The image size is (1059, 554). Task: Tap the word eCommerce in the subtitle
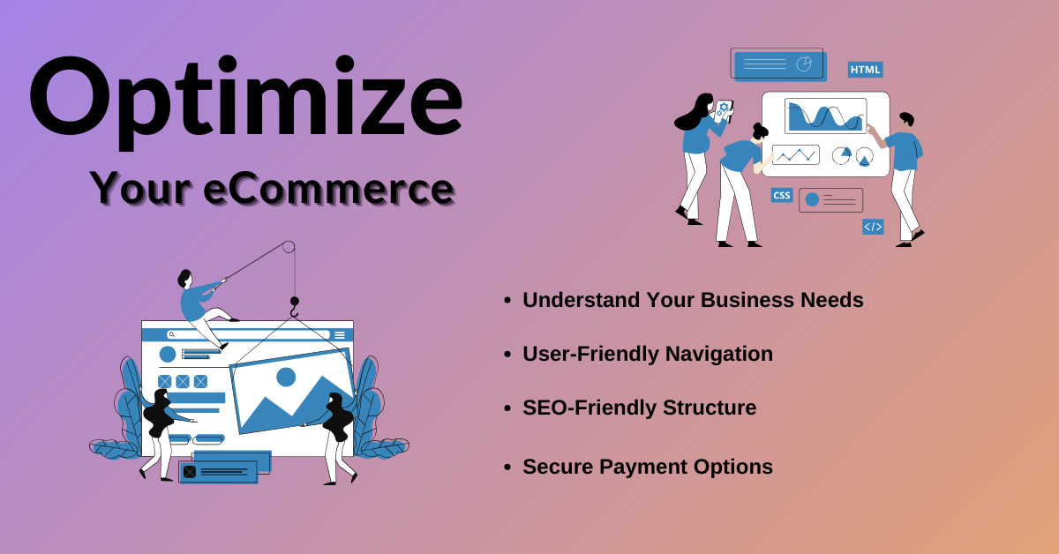pyautogui.click(x=329, y=189)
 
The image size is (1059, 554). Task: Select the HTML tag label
pyautogui.click(x=865, y=70)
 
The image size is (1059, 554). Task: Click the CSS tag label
pyautogui.click(x=782, y=195)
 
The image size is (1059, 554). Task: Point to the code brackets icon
pyautogui.click(x=873, y=227)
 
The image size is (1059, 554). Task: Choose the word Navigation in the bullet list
pyautogui.click(x=718, y=354)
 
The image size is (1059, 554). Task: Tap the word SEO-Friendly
pyautogui.click(x=590, y=408)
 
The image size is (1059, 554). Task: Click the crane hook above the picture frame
pyautogui.click(x=295, y=307)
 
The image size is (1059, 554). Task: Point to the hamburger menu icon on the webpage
pyautogui.click(x=340, y=335)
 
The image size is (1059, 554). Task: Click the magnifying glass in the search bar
pyautogui.click(x=172, y=334)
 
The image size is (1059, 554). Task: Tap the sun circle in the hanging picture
pyautogui.click(x=286, y=378)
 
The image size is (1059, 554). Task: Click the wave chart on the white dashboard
pyautogui.click(x=825, y=116)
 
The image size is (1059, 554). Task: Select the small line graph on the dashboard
pyautogui.click(x=796, y=154)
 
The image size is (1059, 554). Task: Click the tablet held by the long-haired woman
pyautogui.click(x=724, y=111)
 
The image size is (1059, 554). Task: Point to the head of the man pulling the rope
pyautogui.click(x=184, y=279)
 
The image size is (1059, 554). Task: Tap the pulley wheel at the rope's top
pyautogui.click(x=289, y=247)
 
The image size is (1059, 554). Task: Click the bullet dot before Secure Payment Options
pyautogui.click(x=507, y=468)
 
